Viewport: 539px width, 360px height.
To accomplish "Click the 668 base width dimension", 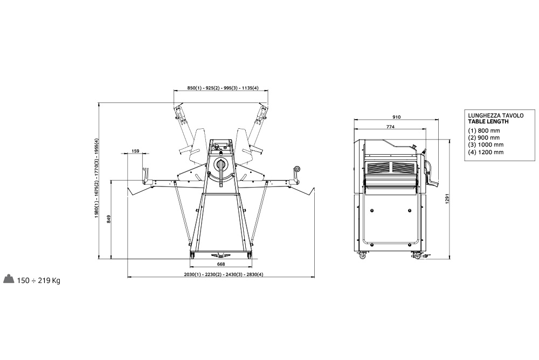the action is point(221,264).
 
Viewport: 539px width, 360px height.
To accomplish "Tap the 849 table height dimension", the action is point(109,219).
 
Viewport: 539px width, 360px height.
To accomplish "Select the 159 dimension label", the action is point(135,151).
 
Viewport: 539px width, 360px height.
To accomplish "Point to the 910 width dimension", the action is point(396,117).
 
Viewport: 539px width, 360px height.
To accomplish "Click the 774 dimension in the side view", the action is point(390,127).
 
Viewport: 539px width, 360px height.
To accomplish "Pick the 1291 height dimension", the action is point(447,198).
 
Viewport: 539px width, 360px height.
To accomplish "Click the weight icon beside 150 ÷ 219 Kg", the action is point(9,279).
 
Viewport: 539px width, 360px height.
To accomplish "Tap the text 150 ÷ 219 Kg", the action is point(38,281).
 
